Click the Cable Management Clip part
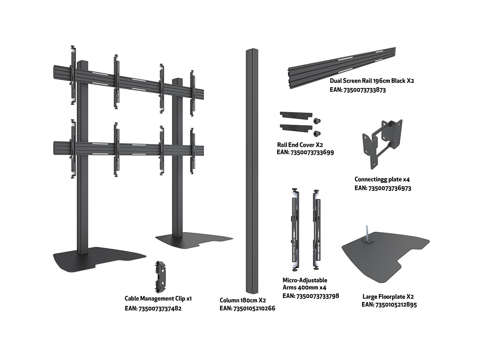point(162,277)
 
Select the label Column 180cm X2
point(243,300)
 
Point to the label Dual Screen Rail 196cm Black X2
point(372,81)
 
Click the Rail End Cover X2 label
point(300,144)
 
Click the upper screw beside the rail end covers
point(317,120)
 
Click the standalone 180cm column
point(251,172)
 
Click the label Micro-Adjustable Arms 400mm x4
point(305,284)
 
